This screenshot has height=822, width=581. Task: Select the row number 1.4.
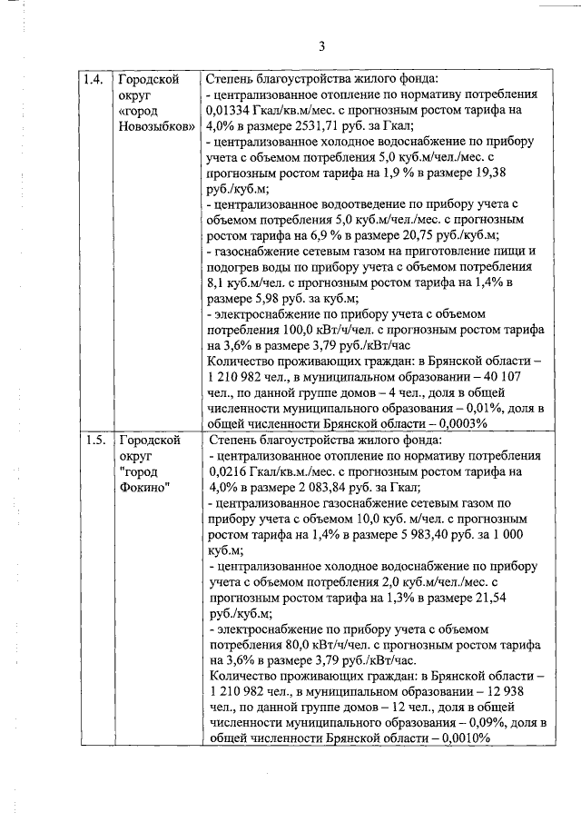coord(93,79)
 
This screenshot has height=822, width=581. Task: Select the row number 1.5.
coord(93,441)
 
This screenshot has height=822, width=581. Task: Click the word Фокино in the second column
coord(143,488)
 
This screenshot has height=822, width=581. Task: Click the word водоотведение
coord(345,203)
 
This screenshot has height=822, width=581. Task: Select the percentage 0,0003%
coord(461,423)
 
